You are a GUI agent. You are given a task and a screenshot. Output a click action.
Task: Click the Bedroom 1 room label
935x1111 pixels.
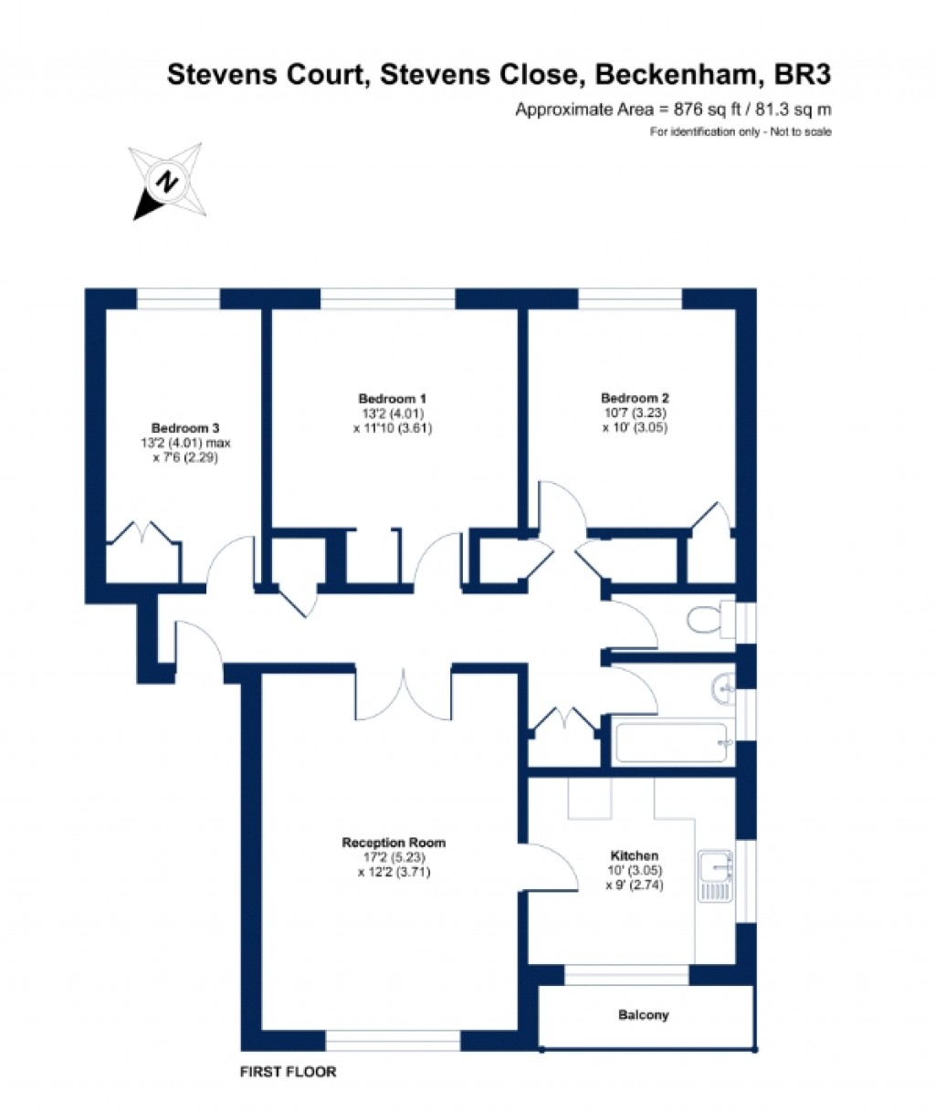[x=393, y=399]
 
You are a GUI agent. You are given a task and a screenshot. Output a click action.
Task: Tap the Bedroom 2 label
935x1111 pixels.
[x=635, y=397]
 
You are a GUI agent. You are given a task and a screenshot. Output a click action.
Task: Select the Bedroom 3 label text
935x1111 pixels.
[x=185, y=428]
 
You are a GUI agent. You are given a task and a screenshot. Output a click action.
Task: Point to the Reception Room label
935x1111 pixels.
[x=394, y=843]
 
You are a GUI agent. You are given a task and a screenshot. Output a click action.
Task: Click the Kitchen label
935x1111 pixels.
[x=635, y=855]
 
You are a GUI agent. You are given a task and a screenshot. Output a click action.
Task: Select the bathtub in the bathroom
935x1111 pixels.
[x=672, y=742]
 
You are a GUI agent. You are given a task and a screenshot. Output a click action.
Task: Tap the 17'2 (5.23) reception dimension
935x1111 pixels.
[x=394, y=857]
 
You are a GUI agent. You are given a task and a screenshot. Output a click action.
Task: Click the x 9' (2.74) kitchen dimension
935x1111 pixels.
[x=635, y=885]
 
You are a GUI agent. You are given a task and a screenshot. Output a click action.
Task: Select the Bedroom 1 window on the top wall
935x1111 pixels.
[x=388, y=299]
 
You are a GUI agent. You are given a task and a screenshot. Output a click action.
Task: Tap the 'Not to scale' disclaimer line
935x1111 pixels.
[x=741, y=132]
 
